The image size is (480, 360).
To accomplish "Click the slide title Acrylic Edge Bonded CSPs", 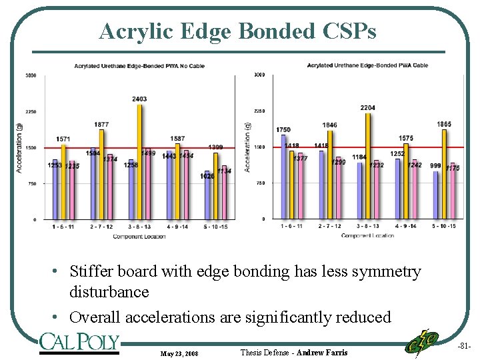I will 237,31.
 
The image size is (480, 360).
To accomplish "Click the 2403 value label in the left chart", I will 139,99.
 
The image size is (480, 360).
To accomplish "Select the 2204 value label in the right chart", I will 368,107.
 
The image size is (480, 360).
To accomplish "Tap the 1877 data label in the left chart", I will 101,125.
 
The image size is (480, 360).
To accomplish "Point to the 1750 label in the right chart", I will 283,129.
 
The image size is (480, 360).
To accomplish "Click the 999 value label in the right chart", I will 435,165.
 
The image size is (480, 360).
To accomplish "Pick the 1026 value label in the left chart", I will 207,176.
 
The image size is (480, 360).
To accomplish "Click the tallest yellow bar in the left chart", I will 140,160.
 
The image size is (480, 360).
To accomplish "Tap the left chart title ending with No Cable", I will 139,66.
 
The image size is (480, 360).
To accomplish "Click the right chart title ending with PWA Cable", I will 367,65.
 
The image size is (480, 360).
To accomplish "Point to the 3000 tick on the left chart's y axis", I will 31,75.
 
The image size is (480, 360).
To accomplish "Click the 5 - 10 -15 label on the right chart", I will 444,226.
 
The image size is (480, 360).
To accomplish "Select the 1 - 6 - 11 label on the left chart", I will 63,227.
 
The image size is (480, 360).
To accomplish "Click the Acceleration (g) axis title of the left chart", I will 19,147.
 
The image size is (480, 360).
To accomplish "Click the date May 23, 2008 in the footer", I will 179,353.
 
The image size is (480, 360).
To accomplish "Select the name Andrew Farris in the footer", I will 322,352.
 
